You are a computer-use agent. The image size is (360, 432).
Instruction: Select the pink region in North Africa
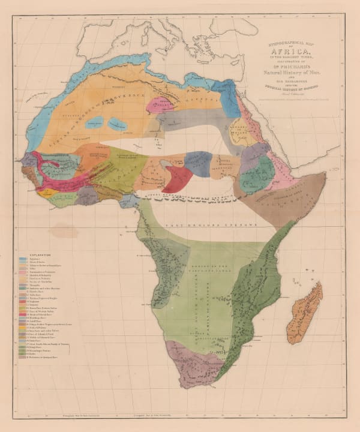161,104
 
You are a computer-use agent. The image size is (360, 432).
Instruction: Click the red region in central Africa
178,178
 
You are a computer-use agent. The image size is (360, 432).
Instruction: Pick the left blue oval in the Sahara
94,124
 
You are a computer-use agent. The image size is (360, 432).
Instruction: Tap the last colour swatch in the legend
22,358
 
